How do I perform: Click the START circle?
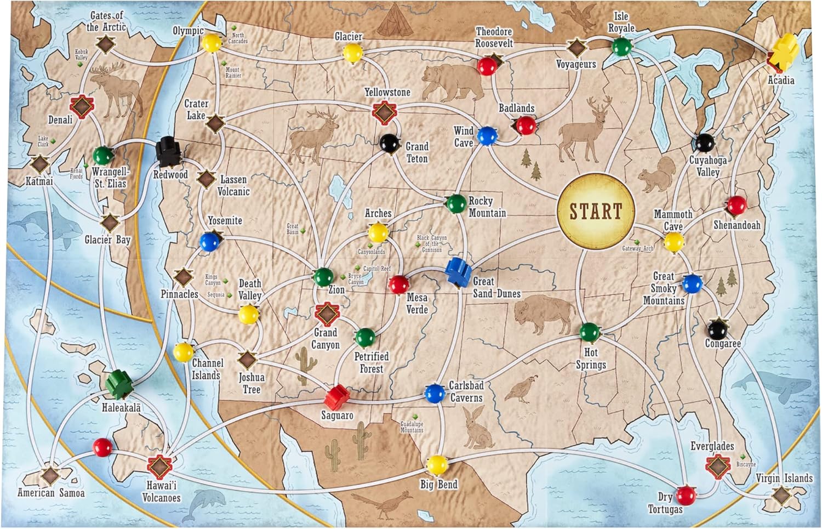596,212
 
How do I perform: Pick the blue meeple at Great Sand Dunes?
458,270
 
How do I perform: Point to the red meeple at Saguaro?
336,395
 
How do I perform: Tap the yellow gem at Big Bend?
437,465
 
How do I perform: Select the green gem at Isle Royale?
621,47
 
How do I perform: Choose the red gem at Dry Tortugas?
686,494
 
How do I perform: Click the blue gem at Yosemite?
209,242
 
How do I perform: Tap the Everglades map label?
712,446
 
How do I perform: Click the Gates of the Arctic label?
107,21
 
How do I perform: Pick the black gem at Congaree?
717,329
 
